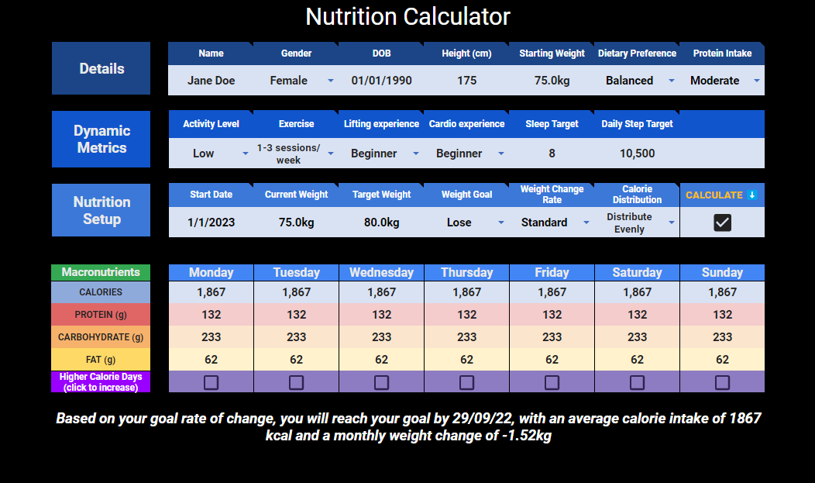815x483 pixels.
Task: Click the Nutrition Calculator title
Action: (x=407, y=17)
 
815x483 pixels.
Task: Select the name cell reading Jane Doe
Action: (x=211, y=81)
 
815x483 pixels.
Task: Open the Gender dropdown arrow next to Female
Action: (x=331, y=81)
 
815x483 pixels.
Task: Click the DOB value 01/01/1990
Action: (x=381, y=81)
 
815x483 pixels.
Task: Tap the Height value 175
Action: (x=466, y=81)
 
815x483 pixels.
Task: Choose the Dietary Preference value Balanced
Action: (x=629, y=81)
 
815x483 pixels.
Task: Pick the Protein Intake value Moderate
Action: (x=714, y=81)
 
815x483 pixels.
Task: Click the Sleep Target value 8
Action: (x=552, y=154)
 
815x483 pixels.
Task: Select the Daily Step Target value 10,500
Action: (x=637, y=154)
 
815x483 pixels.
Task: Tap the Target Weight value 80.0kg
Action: (x=381, y=223)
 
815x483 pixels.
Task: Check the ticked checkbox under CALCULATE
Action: (x=722, y=223)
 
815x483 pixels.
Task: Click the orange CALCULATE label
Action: (x=714, y=195)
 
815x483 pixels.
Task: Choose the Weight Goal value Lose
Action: (x=459, y=223)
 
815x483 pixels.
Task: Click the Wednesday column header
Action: (x=381, y=272)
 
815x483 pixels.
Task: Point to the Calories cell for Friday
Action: (x=552, y=292)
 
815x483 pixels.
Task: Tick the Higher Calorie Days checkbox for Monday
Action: (x=211, y=382)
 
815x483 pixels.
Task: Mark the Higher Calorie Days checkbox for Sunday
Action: (x=722, y=382)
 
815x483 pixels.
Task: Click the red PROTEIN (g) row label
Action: (x=101, y=315)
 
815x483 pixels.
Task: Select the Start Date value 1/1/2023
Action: (x=211, y=223)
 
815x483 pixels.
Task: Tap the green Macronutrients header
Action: (x=101, y=272)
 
